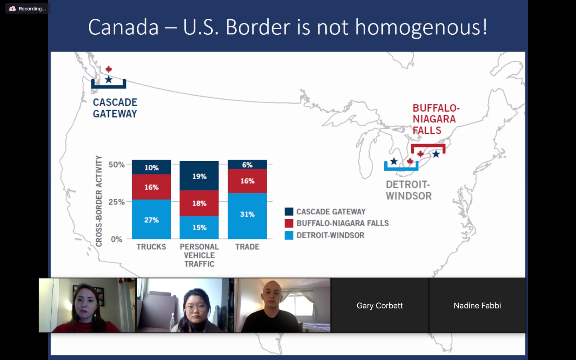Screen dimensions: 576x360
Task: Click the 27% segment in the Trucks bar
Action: click(152, 219)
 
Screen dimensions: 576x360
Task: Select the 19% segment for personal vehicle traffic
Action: click(199, 176)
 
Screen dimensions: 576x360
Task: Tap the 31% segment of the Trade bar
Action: click(247, 216)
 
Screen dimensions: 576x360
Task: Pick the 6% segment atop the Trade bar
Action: click(247, 164)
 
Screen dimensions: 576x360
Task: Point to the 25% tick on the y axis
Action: click(116, 202)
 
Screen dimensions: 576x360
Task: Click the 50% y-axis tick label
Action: click(116, 164)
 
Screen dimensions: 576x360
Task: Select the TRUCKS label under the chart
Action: click(151, 246)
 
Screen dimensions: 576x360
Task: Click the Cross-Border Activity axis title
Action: click(99, 201)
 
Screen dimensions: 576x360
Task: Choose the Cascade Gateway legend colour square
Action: click(289, 211)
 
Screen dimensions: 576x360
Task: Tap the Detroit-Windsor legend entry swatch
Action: click(289, 235)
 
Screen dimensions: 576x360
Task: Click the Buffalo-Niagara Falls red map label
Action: click(436, 119)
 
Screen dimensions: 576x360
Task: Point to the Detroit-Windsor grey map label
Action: click(409, 190)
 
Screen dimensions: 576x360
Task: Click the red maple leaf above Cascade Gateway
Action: click(109, 69)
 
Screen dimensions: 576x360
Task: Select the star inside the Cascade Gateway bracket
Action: click(109, 80)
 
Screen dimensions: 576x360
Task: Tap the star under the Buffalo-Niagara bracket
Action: click(436, 154)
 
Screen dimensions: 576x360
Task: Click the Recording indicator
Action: click(28, 8)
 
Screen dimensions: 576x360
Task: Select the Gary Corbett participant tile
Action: click(380, 306)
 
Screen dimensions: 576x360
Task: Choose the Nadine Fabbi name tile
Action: click(477, 306)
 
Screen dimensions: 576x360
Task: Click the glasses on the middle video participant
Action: click(196, 308)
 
